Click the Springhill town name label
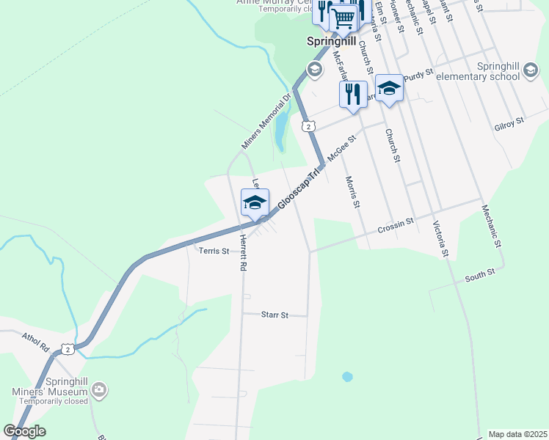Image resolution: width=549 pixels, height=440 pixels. point(331,42)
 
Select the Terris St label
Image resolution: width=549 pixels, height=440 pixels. point(215,251)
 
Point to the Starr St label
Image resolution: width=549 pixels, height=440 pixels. point(274,315)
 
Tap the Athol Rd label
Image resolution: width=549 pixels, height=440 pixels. point(34,341)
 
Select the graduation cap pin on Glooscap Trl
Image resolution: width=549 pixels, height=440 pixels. point(255,203)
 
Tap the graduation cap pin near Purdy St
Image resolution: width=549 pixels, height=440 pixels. point(389,89)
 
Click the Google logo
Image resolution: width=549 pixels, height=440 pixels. point(24,431)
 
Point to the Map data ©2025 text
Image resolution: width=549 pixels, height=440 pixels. point(518,434)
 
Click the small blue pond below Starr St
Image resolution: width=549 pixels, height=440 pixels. point(347,377)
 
